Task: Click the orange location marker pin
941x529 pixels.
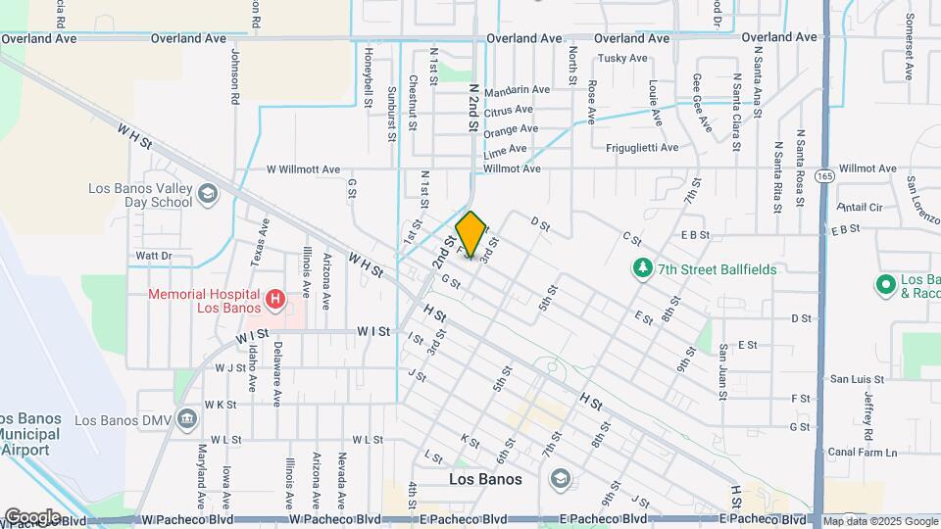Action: (471, 234)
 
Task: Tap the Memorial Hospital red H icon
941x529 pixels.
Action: (276, 297)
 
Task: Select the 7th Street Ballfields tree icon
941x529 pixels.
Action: (642, 267)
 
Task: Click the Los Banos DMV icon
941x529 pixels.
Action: (187, 419)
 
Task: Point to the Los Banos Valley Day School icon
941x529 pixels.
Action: (207, 194)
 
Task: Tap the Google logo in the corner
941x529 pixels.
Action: (32, 516)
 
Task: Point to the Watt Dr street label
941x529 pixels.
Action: (154, 257)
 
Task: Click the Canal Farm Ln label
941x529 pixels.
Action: (863, 452)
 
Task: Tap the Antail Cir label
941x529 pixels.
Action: (861, 208)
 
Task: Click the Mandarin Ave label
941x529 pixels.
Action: (517, 89)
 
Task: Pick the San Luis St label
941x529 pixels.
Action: (857, 379)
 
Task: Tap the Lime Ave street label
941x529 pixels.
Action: (505, 149)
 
